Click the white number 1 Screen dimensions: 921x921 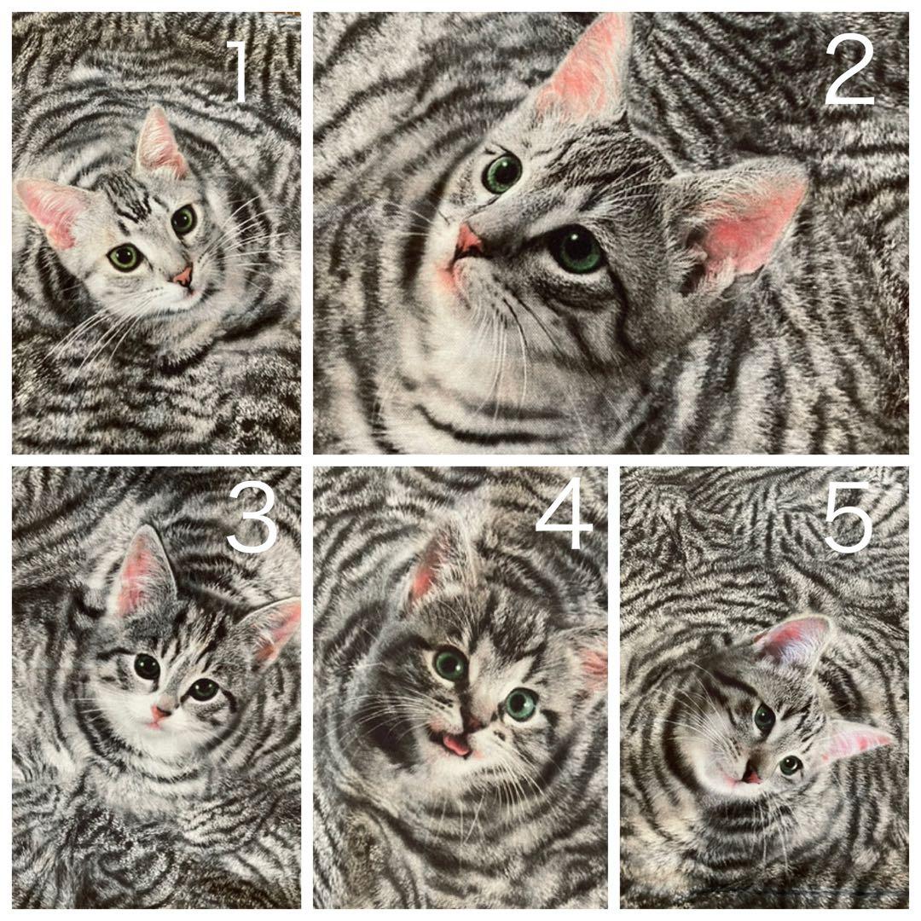pos(239,71)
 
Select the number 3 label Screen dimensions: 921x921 pos(252,517)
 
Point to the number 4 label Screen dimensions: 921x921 pos(564,514)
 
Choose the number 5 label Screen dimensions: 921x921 pos(848,517)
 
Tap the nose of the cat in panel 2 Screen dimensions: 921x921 pos(467,240)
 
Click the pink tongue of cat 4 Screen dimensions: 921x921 pos(455,744)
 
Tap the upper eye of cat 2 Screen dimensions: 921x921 pos(502,172)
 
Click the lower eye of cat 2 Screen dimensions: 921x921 pos(577,250)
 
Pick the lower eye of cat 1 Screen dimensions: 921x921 pos(125,258)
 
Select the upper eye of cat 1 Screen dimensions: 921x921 pos(184,220)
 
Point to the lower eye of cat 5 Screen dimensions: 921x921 pos(790,764)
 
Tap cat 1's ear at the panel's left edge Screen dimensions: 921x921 pos(53,211)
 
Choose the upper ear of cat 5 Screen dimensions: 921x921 pos(794,640)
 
